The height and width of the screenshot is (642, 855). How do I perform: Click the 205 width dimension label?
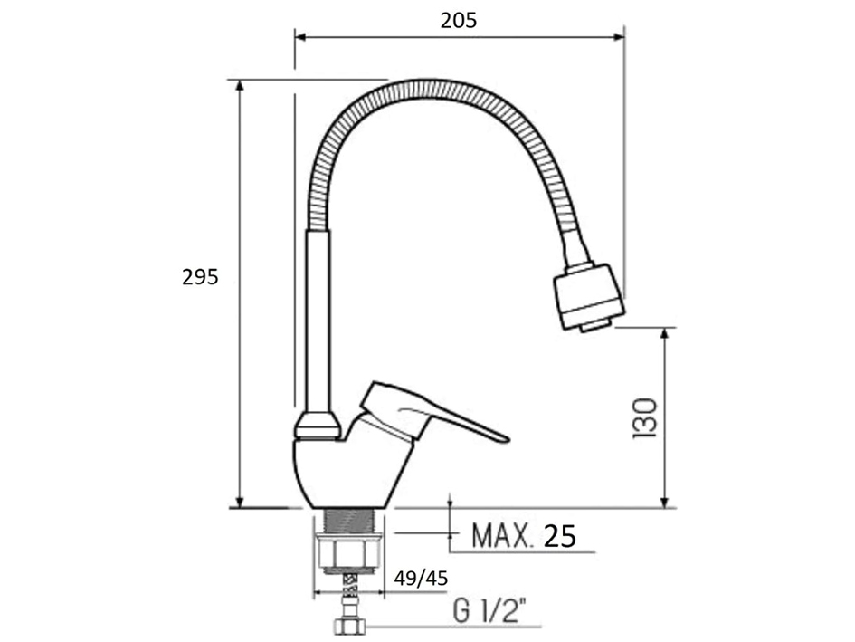(x=459, y=20)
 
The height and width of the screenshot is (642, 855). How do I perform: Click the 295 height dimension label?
(x=200, y=277)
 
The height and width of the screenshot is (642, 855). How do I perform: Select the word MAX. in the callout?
(x=501, y=536)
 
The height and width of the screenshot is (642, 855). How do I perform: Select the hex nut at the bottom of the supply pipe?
(x=348, y=627)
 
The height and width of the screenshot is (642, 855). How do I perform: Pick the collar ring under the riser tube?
(x=317, y=424)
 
